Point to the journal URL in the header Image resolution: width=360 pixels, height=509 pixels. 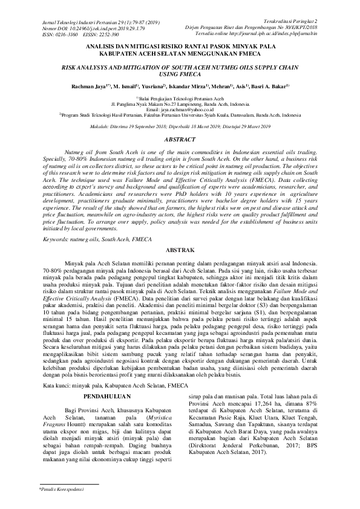coord(277,34)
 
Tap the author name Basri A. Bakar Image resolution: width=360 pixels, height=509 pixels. coord(269,86)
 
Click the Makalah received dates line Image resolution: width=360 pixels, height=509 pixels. coord(180,126)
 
